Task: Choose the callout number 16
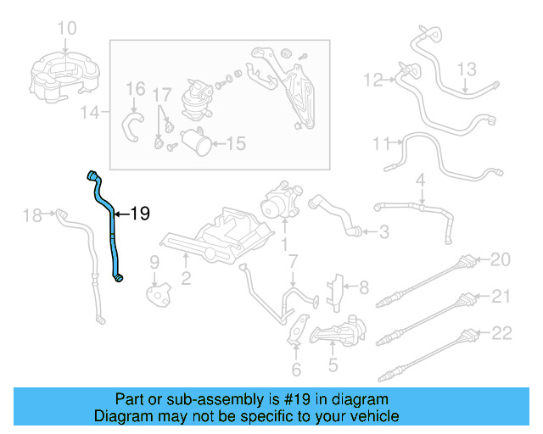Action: tap(136, 88)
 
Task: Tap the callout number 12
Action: tap(374, 80)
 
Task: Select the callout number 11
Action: tap(381, 144)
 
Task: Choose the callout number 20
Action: tap(501, 259)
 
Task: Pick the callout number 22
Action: tap(501, 332)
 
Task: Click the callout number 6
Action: tap(295, 370)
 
